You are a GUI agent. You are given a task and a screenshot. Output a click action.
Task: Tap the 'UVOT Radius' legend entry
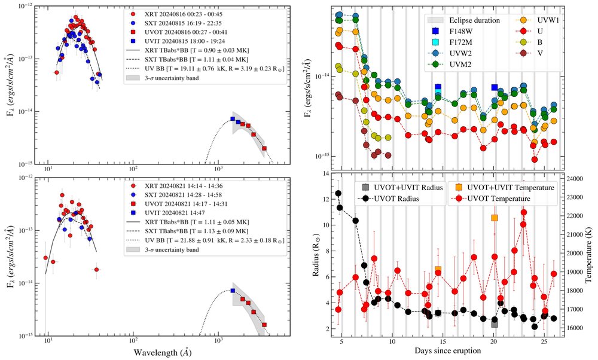point(396,199)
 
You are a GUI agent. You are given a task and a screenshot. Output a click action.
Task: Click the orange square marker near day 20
point(494,218)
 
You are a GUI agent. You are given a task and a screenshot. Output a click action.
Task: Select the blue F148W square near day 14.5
point(438,88)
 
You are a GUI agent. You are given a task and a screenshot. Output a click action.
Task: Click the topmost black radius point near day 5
point(338,193)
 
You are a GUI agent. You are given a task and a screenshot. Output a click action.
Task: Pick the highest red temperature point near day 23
point(523,212)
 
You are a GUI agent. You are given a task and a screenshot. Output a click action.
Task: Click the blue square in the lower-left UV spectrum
point(233,291)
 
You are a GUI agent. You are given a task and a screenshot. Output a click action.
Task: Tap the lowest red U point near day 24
point(534,159)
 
